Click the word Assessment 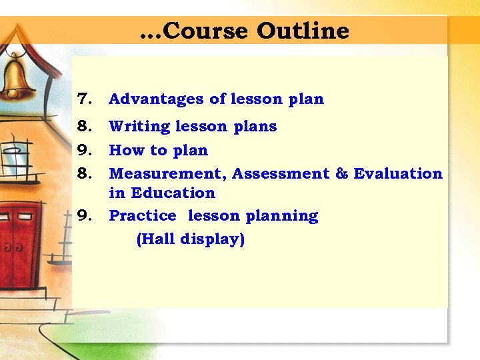280,174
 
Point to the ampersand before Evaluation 342,174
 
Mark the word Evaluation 398,174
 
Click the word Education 173,193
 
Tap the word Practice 142,216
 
